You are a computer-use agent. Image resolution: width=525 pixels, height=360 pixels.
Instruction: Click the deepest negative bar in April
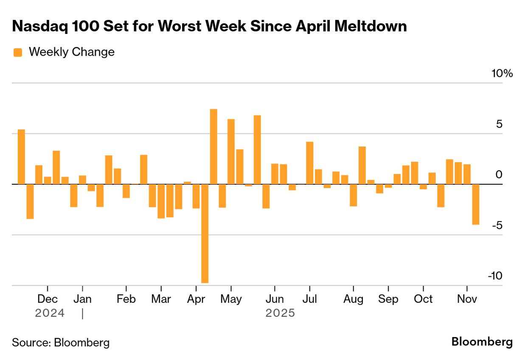[205, 233]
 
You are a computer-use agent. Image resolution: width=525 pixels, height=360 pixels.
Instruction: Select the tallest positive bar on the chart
[213, 146]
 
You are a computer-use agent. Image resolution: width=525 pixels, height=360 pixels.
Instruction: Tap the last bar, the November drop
[476, 204]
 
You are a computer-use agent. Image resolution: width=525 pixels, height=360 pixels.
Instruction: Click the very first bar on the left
[21, 157]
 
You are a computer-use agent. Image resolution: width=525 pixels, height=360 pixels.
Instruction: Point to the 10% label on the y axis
[502, 73]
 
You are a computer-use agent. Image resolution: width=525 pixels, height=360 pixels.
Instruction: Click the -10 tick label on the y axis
[495, 276]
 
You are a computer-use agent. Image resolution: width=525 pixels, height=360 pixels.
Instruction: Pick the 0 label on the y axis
[499, 175]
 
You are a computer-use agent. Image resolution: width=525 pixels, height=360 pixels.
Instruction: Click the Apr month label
[196, 299]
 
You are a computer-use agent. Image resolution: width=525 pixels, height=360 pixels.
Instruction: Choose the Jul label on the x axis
[309, 299]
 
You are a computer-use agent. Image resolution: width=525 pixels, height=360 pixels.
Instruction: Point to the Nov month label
[467, 299]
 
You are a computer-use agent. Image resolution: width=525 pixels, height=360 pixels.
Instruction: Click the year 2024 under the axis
[50, 313]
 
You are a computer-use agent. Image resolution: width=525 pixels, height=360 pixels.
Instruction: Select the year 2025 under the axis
[280, 313]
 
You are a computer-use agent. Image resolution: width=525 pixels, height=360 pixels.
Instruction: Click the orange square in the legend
[18, 52]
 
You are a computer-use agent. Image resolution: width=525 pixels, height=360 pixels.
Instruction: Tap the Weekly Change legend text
[71, 52]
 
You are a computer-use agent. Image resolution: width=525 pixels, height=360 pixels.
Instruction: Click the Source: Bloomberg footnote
[61, 343]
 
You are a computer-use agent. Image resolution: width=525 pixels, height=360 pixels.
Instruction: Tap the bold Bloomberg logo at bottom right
[482, 342]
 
